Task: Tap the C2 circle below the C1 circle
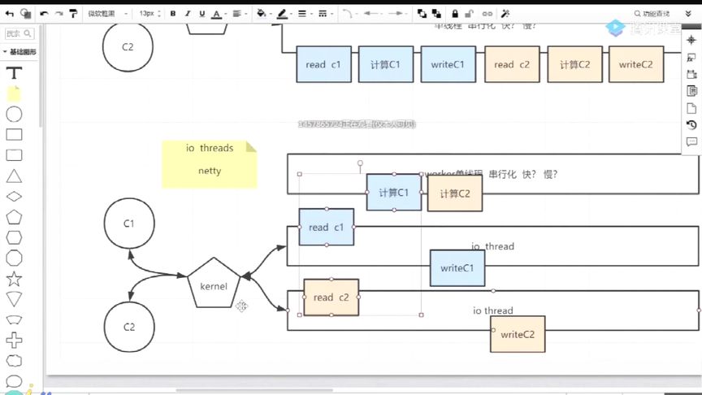click(x=128, y=327)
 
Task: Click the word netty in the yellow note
click(x=210, y=171)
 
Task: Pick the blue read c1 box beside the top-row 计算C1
click(x=323, y=64)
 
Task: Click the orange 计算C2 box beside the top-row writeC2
click(x=575, y=64)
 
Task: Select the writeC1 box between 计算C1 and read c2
click(x=448, y=64)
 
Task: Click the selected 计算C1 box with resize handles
click(x=394, y=193)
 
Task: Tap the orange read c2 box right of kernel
click(x=331, y=297)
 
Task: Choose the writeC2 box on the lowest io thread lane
click(x=518, y=334)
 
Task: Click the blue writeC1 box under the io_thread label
click(x=457, y=267)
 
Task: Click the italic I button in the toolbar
click(x=188, y=14)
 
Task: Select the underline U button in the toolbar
click(x=201, y=14)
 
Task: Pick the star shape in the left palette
click(x=14, y=279)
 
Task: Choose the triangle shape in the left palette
click(x=14, y=176)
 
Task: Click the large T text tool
click(x=14, y=72)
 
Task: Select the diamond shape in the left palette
click(x=14, y=197)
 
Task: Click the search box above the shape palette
click(x=20, y=34)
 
